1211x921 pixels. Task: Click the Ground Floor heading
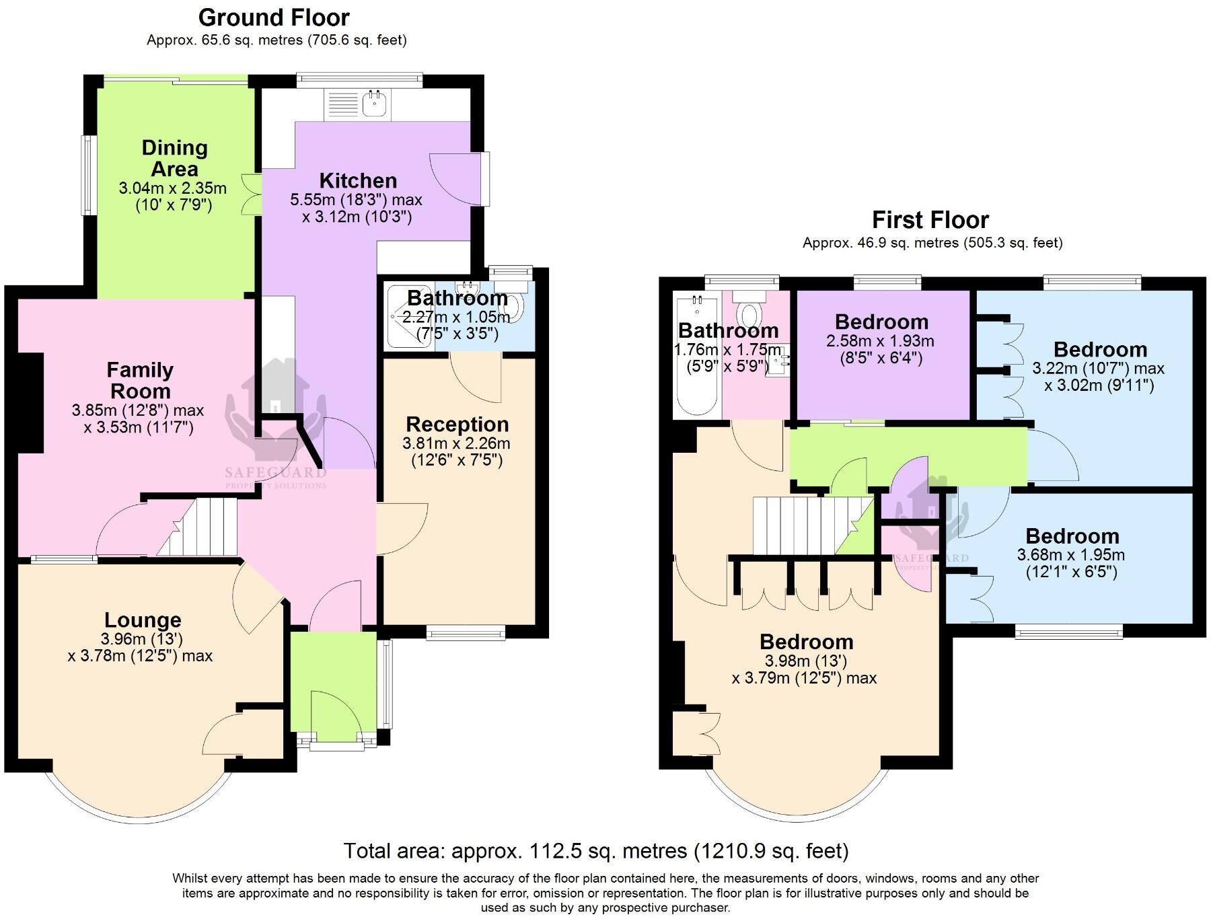pos(274,17)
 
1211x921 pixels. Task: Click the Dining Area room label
pos(174,158)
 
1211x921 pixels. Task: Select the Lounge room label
pos(143,620)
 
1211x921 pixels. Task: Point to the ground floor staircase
pos(202,526)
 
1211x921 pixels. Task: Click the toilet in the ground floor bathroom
pos(515,306)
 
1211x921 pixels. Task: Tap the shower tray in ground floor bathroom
pos(408,316)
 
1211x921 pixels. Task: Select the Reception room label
pos(457,425)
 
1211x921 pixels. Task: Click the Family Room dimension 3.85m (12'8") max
pos(137,410)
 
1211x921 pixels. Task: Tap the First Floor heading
pos(930,220)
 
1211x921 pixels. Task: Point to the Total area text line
pos(595,851)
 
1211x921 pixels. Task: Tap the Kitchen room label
pos(358,180)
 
